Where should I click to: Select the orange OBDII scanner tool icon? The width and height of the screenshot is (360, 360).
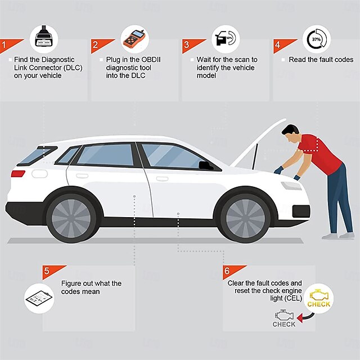134,40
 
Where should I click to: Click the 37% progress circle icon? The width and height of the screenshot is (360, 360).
317,39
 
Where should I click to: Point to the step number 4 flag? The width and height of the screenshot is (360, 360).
282,45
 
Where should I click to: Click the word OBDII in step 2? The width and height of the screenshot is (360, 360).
151,60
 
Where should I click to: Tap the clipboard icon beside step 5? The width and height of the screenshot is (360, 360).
39,299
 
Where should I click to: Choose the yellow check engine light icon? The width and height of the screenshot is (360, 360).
319,298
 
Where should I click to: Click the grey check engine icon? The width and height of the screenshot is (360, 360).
284,318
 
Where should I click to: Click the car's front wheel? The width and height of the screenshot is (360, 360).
245,218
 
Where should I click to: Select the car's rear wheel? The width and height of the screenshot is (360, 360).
71,218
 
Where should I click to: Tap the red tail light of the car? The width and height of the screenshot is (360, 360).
18,174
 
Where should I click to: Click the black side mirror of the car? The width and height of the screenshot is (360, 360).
206,165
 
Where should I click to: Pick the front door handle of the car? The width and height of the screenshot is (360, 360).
162,179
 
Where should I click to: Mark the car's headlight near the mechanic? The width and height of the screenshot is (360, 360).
291,186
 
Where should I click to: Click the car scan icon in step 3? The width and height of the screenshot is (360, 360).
225,38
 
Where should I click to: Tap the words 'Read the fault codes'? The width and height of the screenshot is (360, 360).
321,60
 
